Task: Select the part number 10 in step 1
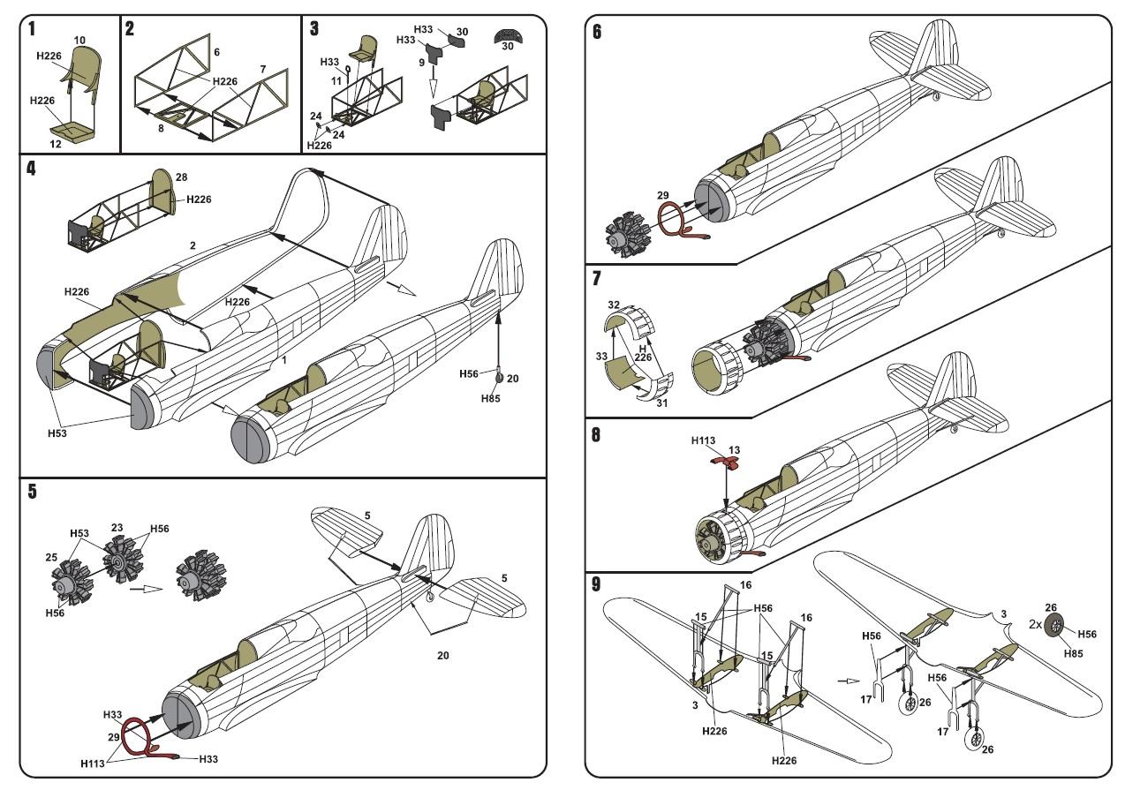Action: (79, 40)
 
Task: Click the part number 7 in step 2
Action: (262, 69)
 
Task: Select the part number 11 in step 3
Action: (336, 80)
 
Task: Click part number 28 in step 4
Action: (182, 178)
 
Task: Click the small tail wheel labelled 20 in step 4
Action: (499, 378)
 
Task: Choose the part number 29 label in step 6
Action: (663, 196)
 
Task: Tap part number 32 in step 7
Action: (613, 305)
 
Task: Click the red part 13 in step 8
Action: (727, 461)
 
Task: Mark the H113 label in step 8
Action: (703, 440)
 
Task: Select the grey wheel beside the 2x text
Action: (1053, 626)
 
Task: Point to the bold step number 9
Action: (598, 584)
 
